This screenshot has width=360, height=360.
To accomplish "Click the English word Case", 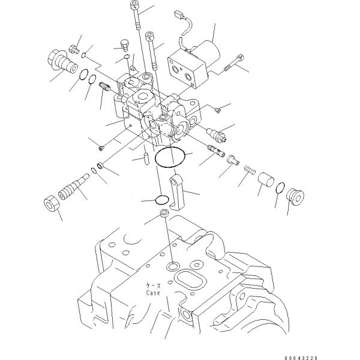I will click(x=153, y=293).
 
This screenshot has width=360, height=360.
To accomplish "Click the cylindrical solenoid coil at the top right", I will click(x=204, y=49).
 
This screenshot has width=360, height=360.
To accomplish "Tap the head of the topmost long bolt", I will click(x=133, y=5).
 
